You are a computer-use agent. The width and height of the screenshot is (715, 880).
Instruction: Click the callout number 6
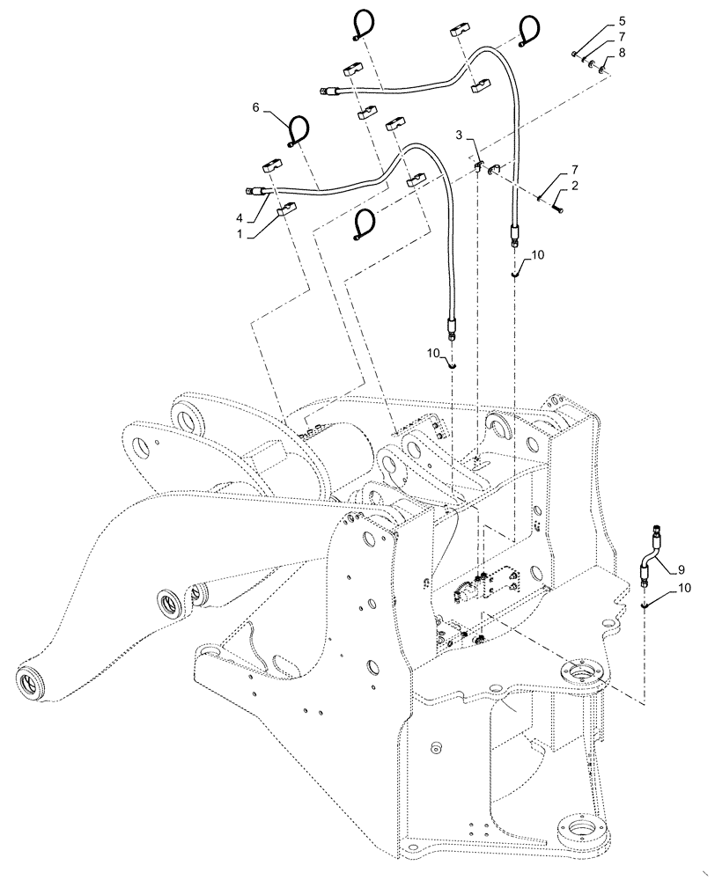(256, 106)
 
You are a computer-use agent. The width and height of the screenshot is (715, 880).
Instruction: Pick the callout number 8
(622, 54)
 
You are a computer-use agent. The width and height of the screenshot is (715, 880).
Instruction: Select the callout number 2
(575, 187)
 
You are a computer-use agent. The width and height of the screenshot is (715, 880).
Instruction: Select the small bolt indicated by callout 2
(560, 208)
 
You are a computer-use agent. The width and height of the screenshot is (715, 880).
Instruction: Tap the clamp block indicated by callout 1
(285, 209)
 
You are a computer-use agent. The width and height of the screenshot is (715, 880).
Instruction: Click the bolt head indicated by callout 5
(574, 55)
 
